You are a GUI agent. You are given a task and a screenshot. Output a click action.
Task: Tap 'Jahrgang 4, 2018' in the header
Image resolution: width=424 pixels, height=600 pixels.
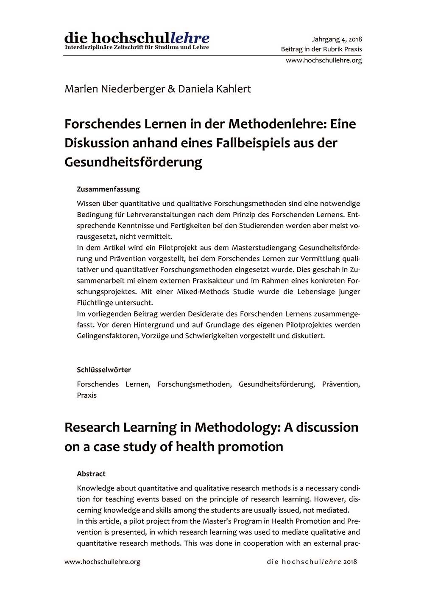(x=337, y=39)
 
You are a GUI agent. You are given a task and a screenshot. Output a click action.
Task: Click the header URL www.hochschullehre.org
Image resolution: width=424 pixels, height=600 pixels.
(x=324, y=60)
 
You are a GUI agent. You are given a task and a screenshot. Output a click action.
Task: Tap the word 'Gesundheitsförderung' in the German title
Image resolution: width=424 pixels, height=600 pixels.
(x=133, y=162)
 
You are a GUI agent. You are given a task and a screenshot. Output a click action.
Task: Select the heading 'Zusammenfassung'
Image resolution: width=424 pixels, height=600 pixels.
(x=108, y=189)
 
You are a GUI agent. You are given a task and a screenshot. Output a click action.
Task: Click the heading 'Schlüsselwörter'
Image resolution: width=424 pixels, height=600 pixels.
(x=104, y=370)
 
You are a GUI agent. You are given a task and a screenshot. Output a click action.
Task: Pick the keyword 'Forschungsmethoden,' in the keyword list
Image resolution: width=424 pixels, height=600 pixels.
(x=194, y=384)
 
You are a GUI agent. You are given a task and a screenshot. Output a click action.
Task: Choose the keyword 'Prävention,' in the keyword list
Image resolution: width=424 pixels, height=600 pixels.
(x=341, y=384)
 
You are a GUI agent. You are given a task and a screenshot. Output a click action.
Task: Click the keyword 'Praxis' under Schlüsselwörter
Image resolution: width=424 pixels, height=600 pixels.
(x=86, y=395)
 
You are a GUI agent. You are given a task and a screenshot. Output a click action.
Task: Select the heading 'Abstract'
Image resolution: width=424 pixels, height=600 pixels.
(x=91, y=474)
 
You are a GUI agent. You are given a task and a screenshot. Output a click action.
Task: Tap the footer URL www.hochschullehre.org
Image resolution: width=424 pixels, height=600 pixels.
(x=102, y=562)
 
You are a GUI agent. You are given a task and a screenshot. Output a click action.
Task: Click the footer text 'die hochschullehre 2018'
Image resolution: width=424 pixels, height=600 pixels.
(x=312, y=562)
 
